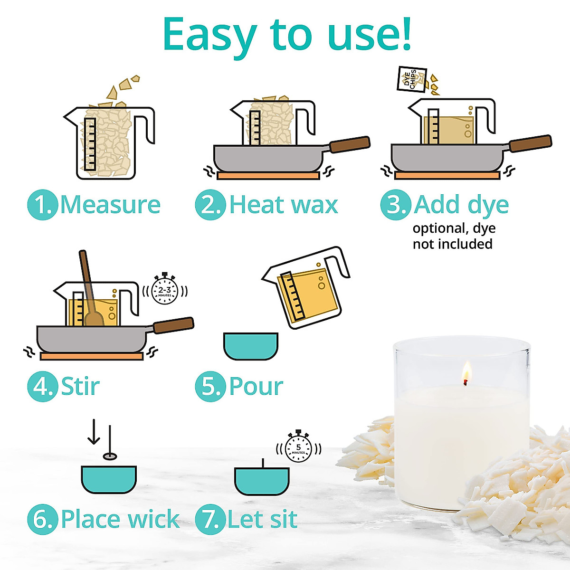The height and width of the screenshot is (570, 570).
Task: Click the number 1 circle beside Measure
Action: [43, 205]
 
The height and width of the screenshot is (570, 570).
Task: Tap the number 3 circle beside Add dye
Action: [396, 205]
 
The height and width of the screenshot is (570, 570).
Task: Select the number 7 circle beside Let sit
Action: [210, 519]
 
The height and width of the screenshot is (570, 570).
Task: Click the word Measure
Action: [111, 205]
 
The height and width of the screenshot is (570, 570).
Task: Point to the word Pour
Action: [256, 386]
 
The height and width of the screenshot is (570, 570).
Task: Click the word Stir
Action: [80, 386]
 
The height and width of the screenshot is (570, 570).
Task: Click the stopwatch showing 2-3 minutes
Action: [164, 289]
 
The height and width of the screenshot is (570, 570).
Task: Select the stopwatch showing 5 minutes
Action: [298, 447]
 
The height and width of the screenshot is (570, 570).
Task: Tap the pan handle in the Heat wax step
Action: [350, 144]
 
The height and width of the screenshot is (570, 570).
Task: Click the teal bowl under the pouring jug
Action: [250, 346]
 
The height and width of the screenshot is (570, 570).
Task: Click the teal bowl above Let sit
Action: [262, 480]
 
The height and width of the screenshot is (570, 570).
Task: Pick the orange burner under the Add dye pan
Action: [447, 176]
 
